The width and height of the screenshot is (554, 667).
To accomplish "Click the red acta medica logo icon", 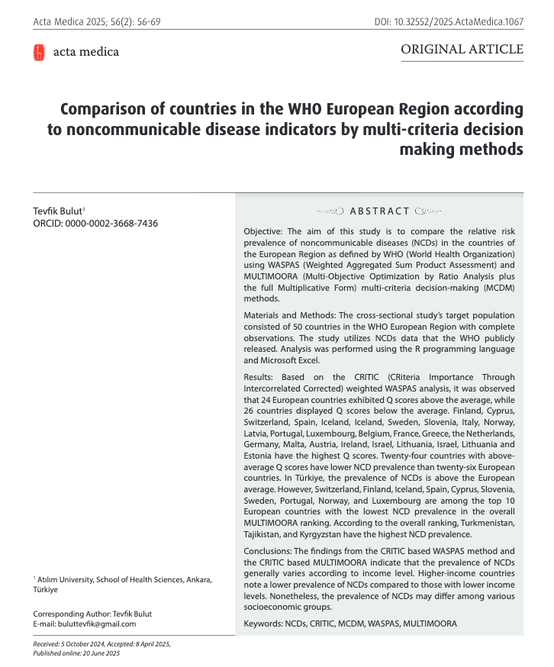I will click(38, 52).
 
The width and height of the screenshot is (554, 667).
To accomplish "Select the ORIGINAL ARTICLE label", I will click(462, 50).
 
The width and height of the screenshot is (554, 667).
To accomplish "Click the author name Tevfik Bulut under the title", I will click(57, 210).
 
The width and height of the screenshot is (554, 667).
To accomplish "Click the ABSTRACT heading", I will click(379, 211).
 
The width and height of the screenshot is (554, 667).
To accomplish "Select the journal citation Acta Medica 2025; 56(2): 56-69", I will click(96, 21).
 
